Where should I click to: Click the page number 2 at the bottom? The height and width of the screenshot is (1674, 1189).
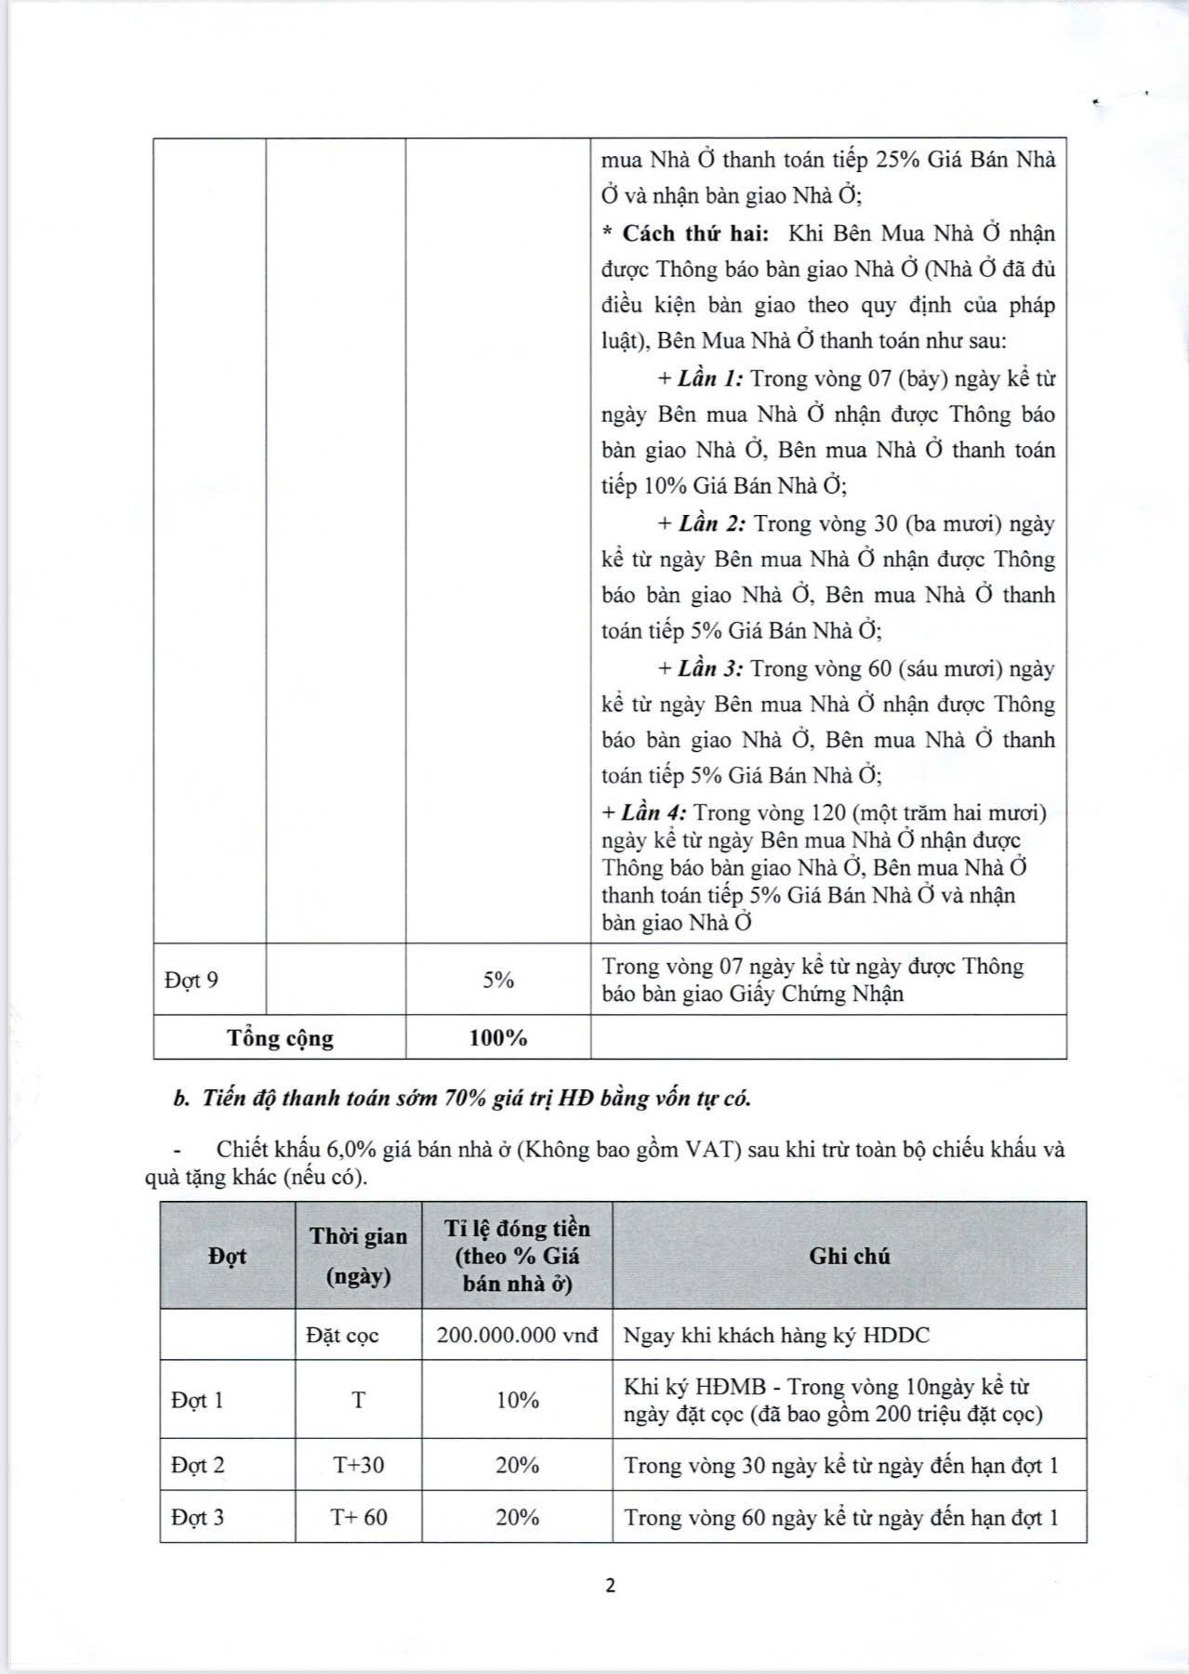pos(610,1586)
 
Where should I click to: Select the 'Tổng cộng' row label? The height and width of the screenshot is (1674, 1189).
pos(280,1038)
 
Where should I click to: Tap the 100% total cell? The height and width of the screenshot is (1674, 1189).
pos(498,1038)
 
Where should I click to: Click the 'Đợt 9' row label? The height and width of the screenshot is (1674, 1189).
pos(192,980)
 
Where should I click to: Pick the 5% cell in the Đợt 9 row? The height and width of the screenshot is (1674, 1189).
pos(498,980)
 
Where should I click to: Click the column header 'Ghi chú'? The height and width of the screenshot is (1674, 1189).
pos(849,1256)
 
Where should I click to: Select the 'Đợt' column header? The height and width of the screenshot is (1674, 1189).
pos(228,1256)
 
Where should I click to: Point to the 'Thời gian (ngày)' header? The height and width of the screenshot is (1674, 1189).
pos(359,1256)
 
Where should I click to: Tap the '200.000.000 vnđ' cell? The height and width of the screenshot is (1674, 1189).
pos(517,1336)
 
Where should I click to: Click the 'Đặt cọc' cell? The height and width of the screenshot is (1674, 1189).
pos(342,1336)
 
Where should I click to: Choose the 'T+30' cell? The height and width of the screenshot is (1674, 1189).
pos(359,1466)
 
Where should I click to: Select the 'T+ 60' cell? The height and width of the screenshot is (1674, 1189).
pos(359,1518)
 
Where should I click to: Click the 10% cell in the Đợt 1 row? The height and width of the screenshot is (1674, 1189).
pos(517,1401)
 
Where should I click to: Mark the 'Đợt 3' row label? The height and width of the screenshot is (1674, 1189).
pos(198,1518)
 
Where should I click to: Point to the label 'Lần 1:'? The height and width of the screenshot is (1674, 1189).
pos(710,378)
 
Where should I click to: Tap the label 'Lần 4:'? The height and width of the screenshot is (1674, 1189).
pos(654,812)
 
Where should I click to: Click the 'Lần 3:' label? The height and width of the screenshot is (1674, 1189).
pos(710,668)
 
